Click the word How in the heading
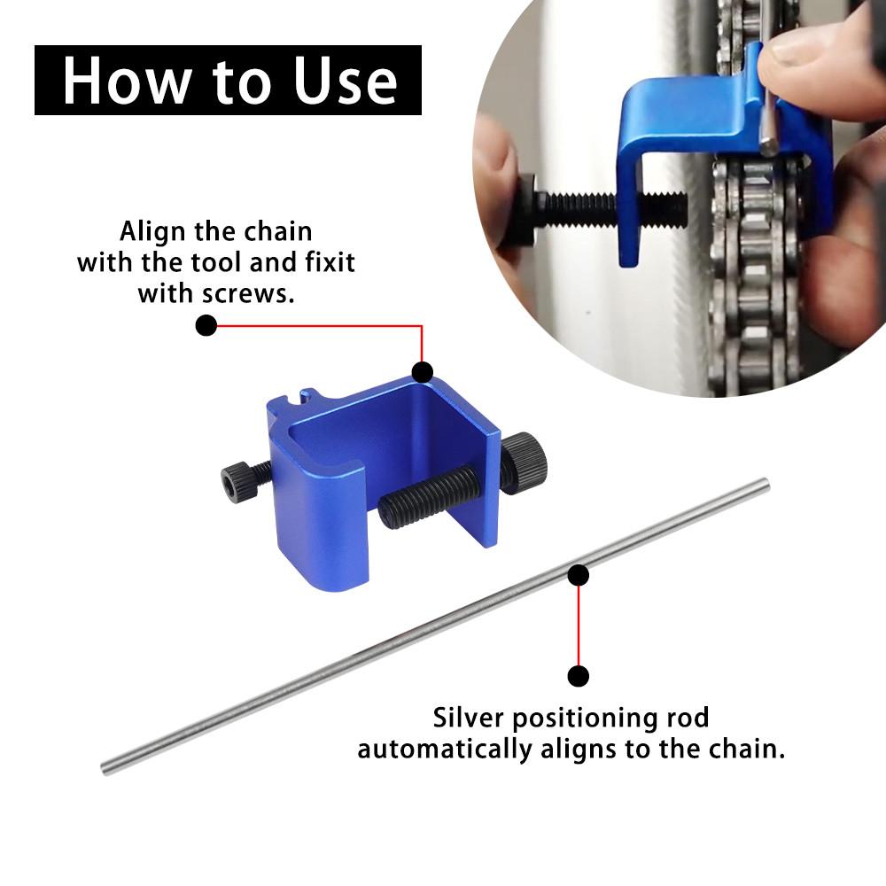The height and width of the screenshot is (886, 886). pyautogui.click(x=119, y=81)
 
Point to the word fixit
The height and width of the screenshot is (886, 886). pyautogui.click(x=314, y=263)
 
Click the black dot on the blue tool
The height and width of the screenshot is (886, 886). pyautogui.click(x=423, y=372)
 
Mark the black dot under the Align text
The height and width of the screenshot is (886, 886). pyautogui.click(x=206, y=325)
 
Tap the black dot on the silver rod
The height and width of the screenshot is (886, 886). pyautogui.click(x=579, y=576)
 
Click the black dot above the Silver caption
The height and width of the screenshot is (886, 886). pyautogui.click(x=579, y=677)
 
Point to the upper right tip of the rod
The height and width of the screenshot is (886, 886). pyautogui.click(x=765, y=484)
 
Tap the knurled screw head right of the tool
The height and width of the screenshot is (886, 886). pyautogui.click(x=526, y=459)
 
